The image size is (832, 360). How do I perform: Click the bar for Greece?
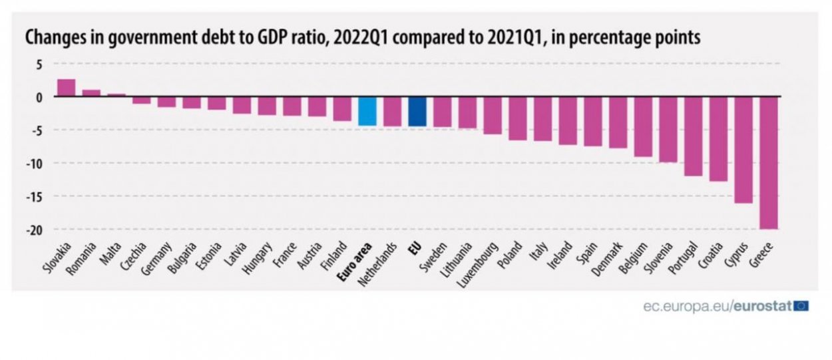pyautogui.click(x=769, y=162)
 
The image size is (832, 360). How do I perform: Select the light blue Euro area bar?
pyautogui.click(x=367, y=111)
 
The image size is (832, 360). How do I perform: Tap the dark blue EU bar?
pyautogui.click(x=417, y=111)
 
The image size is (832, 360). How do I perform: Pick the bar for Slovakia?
pyautogui.click(x=66, y=88)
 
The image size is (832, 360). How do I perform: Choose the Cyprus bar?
pyautogui.click(x=743, y=150)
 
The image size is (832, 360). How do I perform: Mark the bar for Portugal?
pyautogui.click(x=693, y=136)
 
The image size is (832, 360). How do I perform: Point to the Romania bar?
pyautogui.click(x=91, y=93)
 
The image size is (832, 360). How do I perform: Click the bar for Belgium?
pyautogui.click(x=643, y=126)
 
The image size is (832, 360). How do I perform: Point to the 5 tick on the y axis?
pyautogui.click(x=39, y=64)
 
